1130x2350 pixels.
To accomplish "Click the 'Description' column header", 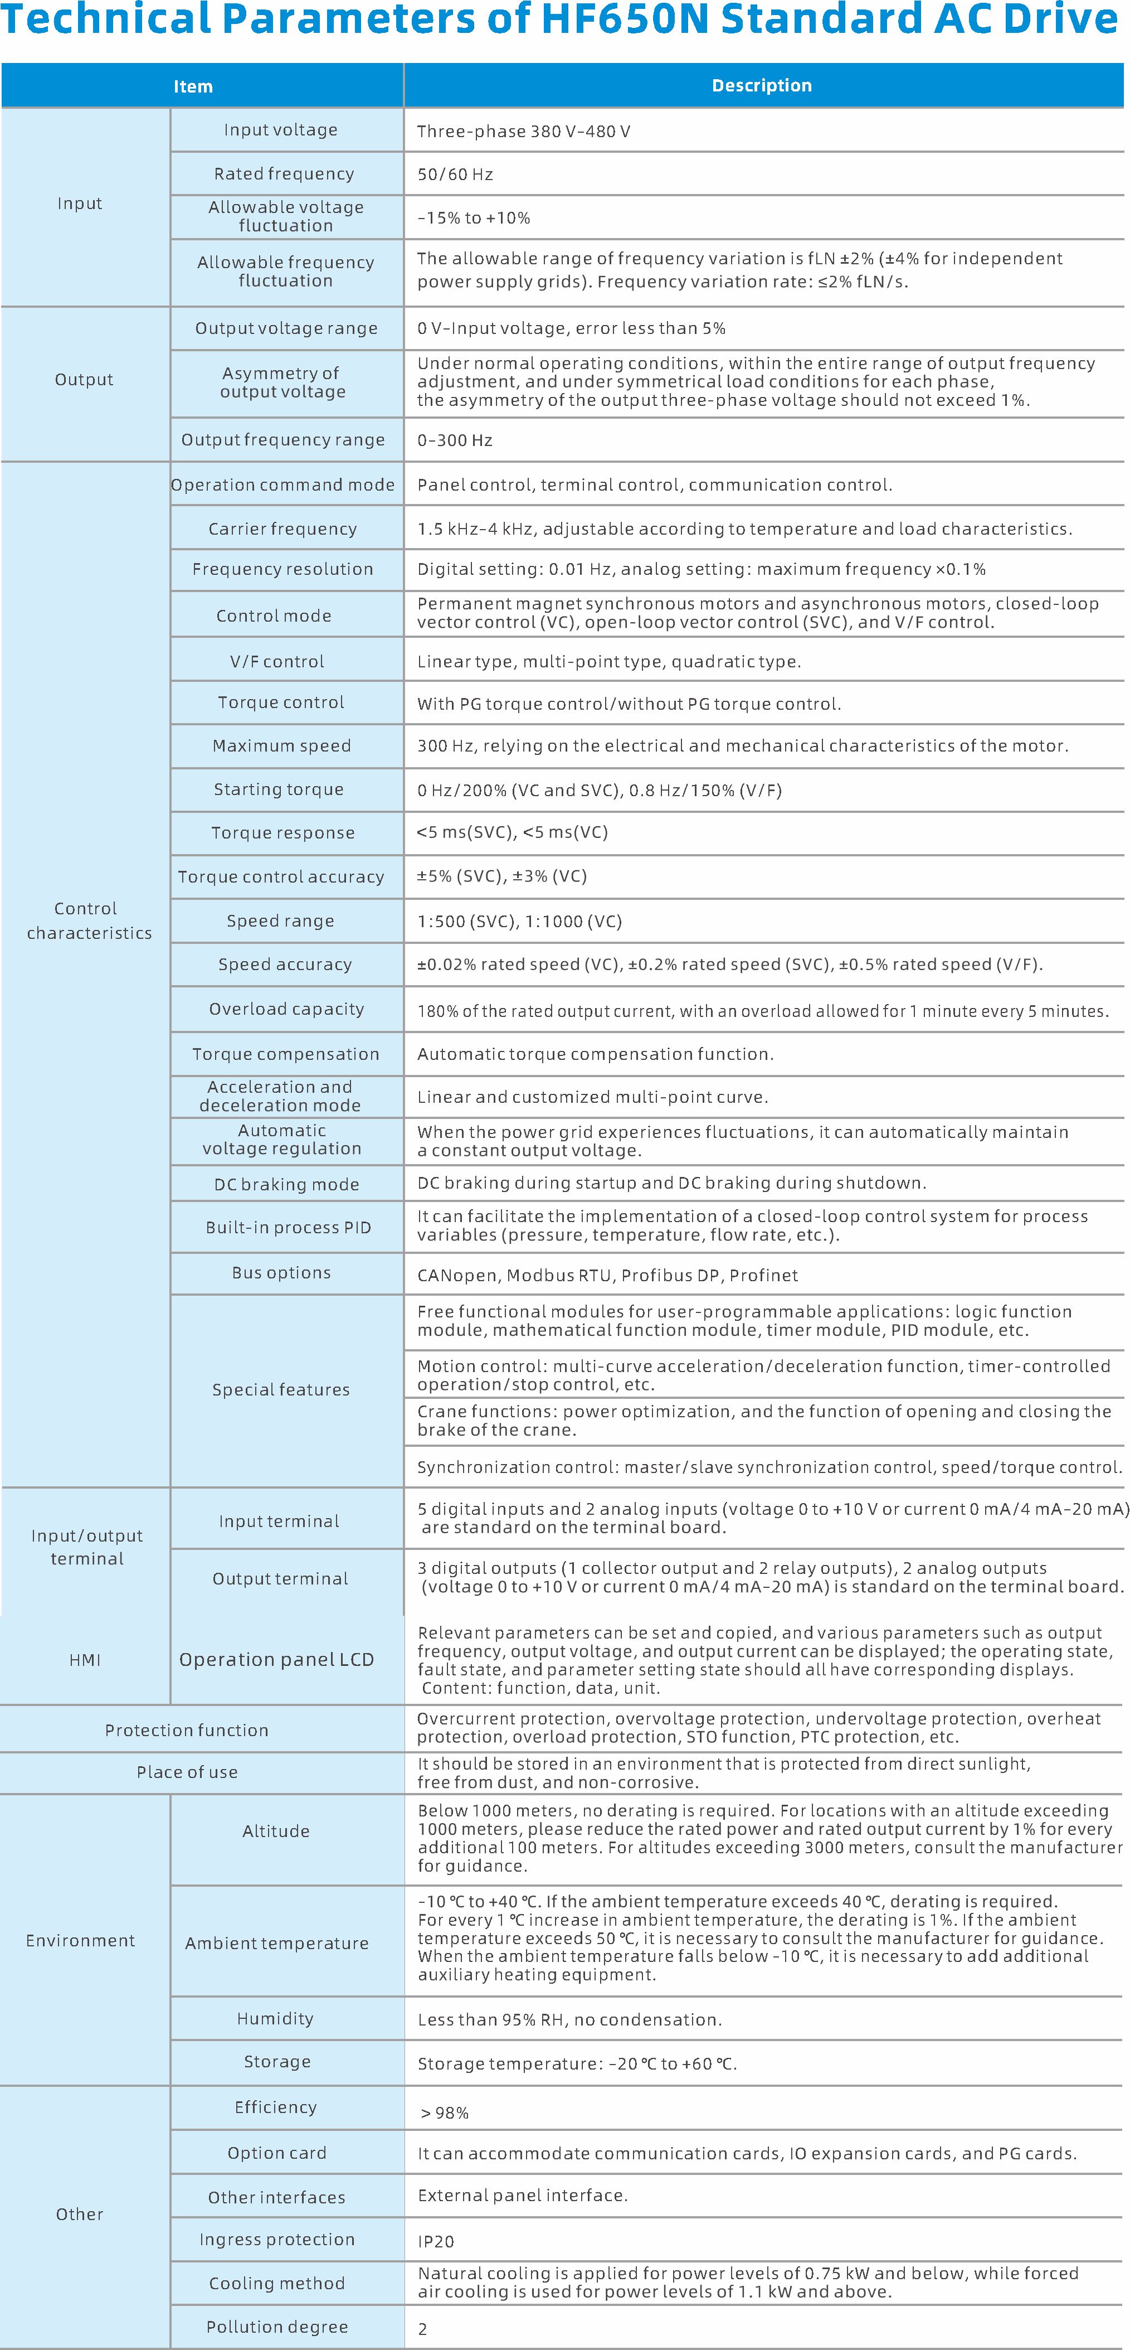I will [x=762, y=86].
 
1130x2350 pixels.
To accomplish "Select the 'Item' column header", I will [x=193, y=86].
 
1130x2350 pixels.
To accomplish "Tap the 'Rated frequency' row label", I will [x=284, y=173].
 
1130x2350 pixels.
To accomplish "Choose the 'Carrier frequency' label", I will [x=282, y=529].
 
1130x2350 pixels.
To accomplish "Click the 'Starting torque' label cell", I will [x=279, y=789].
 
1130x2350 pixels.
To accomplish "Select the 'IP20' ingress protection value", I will [x=436, y=2241].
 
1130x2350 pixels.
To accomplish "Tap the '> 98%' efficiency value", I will [x=444, y=2113].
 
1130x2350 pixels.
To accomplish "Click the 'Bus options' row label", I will [x=281, y=1273].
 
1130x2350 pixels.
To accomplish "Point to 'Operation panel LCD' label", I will [x=276, y=1659].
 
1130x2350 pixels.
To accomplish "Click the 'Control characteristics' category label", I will [x=89, y=920].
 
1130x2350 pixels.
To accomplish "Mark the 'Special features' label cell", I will [x=281, y=1389].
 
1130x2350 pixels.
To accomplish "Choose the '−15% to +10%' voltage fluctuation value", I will [x=474, y=218].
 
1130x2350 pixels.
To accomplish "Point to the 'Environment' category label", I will [x=80, y=1940].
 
